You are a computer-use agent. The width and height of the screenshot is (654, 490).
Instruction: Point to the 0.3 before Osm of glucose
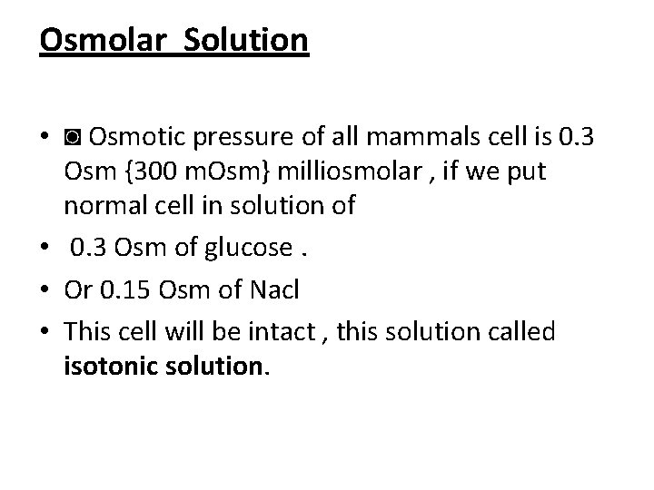click(x=87, y=246)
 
